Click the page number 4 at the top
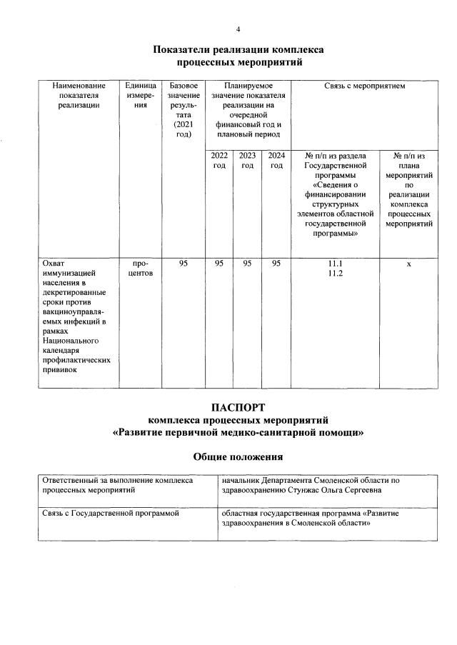[238, 29]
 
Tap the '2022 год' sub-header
[219, 160]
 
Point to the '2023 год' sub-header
[247, 160]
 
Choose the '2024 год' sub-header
[276, 160]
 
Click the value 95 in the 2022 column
[219, 264]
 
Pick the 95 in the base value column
[184, 264]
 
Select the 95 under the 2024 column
[276, 264]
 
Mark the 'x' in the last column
[408, 264]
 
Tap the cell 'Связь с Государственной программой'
[110, 513]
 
